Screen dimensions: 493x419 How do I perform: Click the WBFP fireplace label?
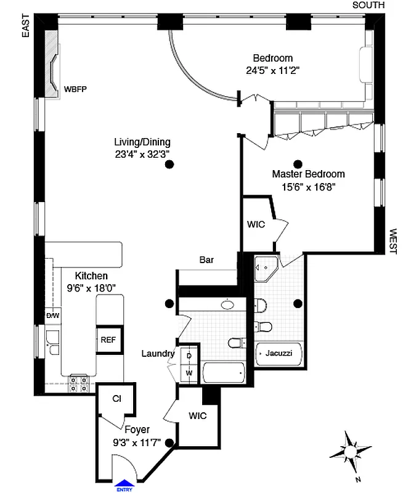click(x=75, y=89)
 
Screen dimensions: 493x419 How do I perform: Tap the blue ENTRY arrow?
click(x=124, y=484)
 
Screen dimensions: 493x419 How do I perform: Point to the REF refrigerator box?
click(x=108, y=339)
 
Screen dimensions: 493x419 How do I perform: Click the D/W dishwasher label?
click(x=52, y=316)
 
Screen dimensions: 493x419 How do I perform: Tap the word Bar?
click(x=206, y=260)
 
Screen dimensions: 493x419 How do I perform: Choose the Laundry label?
click(x=158, y=354)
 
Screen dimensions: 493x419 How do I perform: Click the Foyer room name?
click(x=137, y=430)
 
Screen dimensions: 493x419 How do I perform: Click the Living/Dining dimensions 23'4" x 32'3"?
click(x=142, y=154)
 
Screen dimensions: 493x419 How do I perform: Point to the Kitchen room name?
click(x=91, y=276)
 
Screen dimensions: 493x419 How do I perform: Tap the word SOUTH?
click(x=368, y=5)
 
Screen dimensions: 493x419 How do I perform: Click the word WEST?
click(x=393, y=242)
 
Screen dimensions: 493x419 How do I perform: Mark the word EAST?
click(x=26, y=27)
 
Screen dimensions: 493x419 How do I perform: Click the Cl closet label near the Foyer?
click(x=116, y=399)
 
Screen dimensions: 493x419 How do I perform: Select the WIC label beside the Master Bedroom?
click(x=256, y=224)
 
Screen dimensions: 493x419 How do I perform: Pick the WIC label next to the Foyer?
click(x=197, y=415)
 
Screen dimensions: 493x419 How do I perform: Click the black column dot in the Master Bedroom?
click(x=298, y=164)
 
